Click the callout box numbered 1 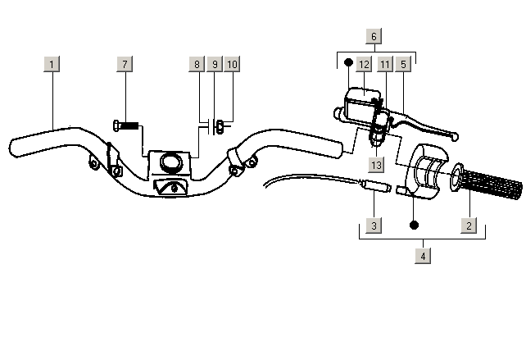click(x=52, y=64)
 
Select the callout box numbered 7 click(x=125, y=64)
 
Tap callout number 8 click(x=197, y=64)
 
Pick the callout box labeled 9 click(x=215, y=64)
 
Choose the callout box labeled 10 click(x=232, y=64)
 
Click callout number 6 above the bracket click(x=374, y=36)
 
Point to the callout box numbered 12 click(x=364, y=64)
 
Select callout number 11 click(x=385, y=64)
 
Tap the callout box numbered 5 click(x=403, y=64)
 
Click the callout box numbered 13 click(x=376, y=165)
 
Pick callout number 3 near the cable click(x=374, y=226)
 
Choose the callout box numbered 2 click(x=469, y=226)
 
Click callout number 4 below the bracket click(x=423, y=256)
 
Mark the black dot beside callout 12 click(x=349, y=62)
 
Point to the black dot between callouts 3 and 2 click(x=415, y=225)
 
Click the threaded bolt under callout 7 click(x=126, y=125)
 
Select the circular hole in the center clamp click(x=172, y=162)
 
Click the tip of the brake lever click(x=456, y=137)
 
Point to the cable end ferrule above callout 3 click(x=375, y=185)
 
